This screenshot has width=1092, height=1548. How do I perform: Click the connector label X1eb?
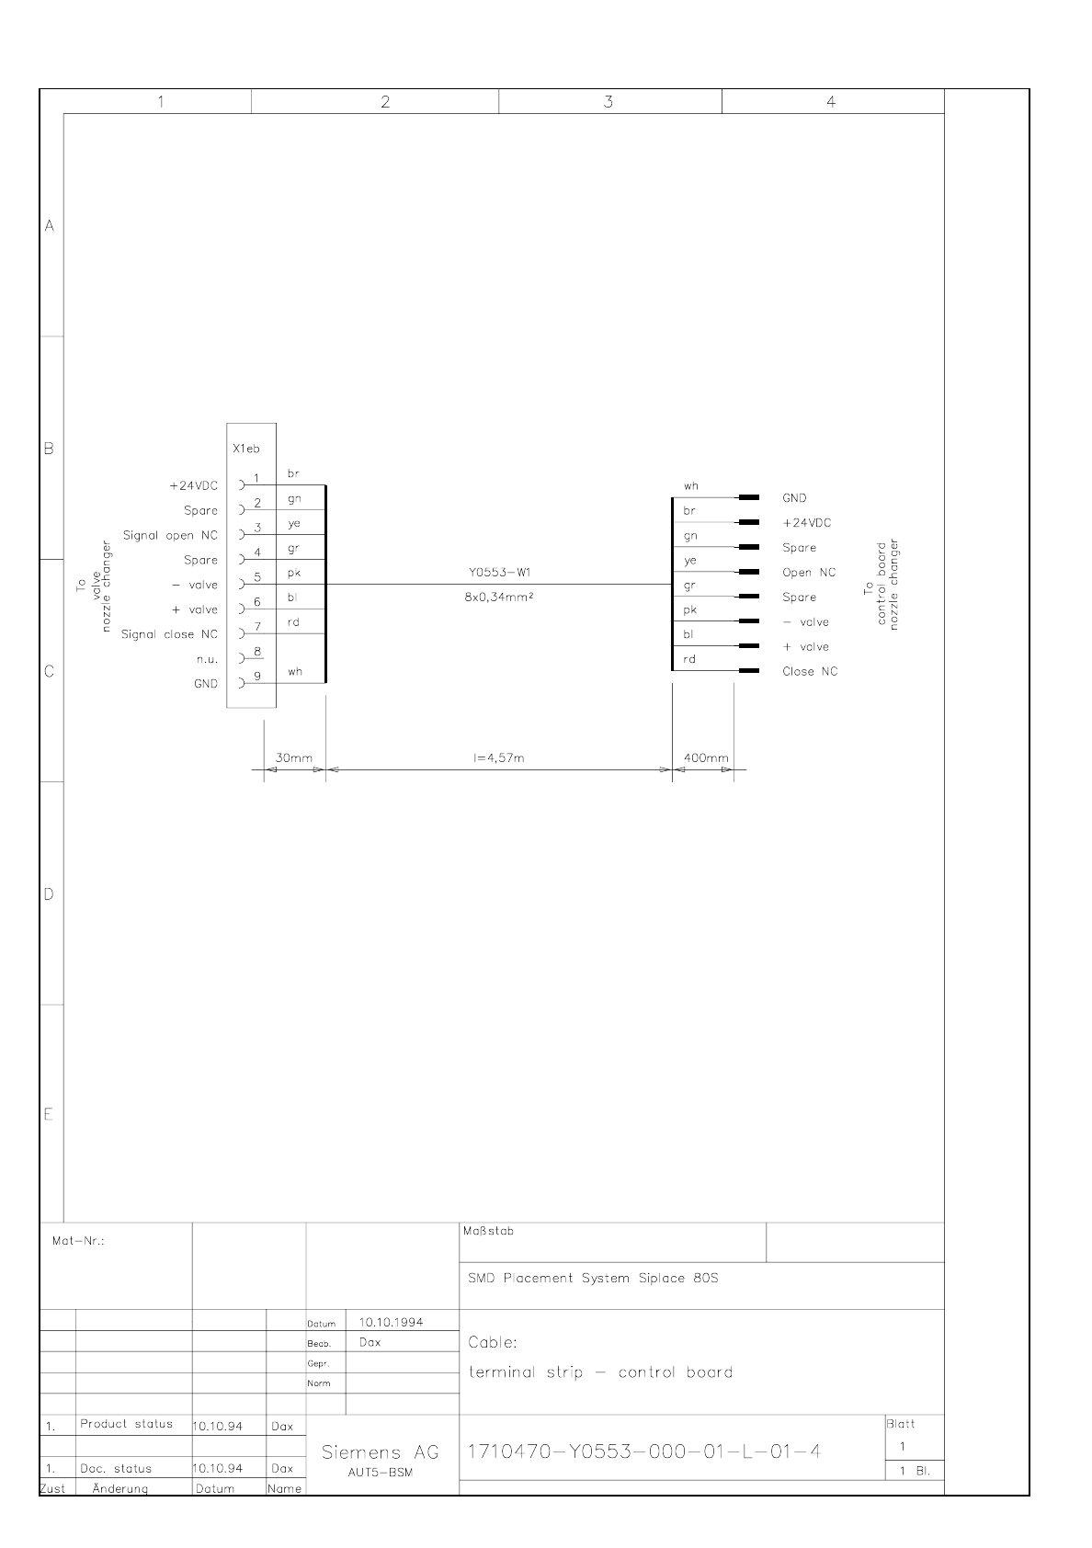pyautogui.click(x=246, y=449)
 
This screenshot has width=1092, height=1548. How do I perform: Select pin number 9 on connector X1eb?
pyautogui.click(x=257, y=676)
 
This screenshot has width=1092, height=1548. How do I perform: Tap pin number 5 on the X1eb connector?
pyautogui.click(x=257, y=577)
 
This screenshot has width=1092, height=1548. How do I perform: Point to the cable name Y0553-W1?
pyautogui.click(x=500, y=572)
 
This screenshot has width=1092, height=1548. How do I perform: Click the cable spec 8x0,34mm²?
pyautogui.click(x=499, y=597)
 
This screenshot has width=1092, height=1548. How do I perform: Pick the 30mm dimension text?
pyautogui.click(x=294, y=757)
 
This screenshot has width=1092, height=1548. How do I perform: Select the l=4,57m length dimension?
pyautogui.click(x=498, y=757)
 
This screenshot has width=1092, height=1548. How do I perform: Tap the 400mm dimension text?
pyautogui.click(x=706, y=757)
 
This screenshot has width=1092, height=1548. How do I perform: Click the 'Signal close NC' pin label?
pyautogui.click(x=169, y=634)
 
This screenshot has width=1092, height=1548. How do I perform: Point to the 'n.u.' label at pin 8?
pyautogui.click(x=208, y=659)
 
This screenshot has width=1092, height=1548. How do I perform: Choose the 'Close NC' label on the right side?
pyautogui.click(x=810, y=671)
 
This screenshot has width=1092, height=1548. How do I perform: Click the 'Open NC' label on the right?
pyautogui.click(x=809, y=572)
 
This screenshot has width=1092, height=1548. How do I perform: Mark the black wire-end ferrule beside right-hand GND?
pyautogui.click(x=748, y=497)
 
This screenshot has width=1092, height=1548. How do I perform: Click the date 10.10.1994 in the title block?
pyautogui.click(x=392, y=1322)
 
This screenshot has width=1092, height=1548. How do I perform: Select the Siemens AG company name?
pyautogui.click(x=381, y=1452)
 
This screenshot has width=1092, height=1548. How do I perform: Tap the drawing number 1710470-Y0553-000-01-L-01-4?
pyautogui.click(x=644, y=1451)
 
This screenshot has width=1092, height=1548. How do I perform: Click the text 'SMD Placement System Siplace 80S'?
pyautogui.click(x=593, y=1278)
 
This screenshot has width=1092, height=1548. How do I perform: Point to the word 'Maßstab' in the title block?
pyautogui.click(x=488, y=1231)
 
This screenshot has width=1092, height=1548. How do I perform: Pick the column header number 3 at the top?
pyautogui.click(x=609, y=102)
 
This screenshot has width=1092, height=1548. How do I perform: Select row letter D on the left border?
pyautogui.click(x=49, y=894)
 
